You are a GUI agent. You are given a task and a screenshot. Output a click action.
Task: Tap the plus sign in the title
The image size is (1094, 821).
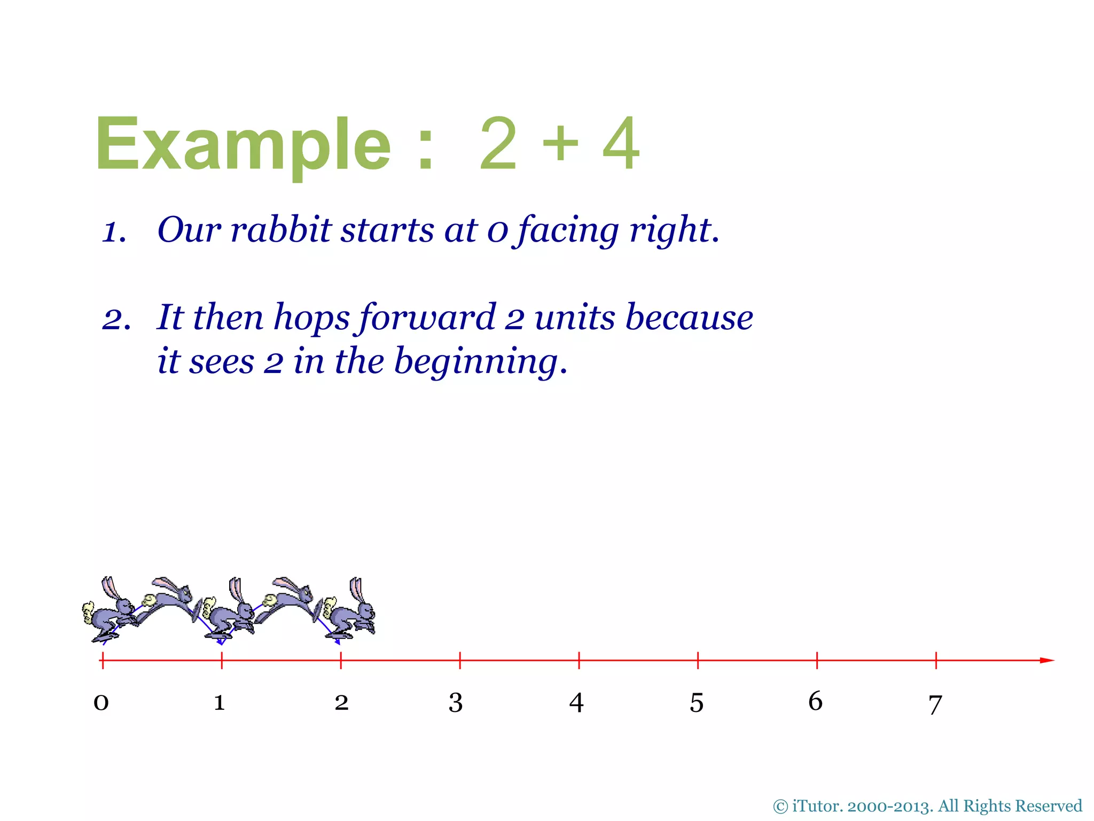click(x=560, y=143)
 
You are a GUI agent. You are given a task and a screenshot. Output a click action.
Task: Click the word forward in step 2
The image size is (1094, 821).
click(x=427, y=317)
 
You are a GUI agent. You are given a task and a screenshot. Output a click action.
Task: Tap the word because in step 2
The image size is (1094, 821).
click(x=689, y=317)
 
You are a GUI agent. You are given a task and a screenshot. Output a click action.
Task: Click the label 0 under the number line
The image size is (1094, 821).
click(x=101, y=702)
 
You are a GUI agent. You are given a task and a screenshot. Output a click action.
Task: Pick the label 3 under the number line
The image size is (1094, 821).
click(x=455, y=702)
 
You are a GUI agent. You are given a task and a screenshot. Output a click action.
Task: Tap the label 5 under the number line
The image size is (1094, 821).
click(x=697, y=703)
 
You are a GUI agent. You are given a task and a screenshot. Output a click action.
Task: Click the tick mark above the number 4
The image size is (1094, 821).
click(x=579, y=661)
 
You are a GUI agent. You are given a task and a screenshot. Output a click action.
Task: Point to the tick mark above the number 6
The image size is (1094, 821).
click(x=817, y=661)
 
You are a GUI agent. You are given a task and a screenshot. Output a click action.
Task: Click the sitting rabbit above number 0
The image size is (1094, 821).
click(x=110, y=612)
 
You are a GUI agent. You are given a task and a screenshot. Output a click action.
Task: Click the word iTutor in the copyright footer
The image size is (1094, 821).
click(x=816, y=806)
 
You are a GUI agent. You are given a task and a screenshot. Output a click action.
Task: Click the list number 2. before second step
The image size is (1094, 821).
click(x=116, y=320)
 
